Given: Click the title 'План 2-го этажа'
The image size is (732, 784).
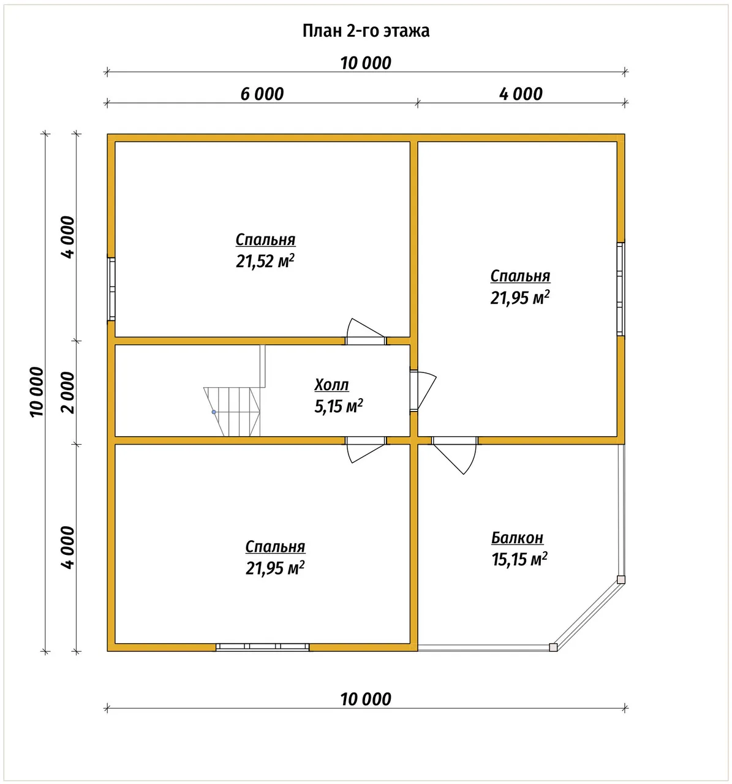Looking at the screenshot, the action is (x=366, y=31).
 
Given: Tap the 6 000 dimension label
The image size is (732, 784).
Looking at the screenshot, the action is (x=262, y=94).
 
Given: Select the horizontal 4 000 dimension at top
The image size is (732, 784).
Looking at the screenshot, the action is (x=521, y=94).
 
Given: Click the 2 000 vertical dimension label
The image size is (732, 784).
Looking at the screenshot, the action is (x=68, y=393).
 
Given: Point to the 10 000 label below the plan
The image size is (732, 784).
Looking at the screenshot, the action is (x=366, y=699).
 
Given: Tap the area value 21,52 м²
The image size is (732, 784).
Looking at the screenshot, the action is (x=265, y=261).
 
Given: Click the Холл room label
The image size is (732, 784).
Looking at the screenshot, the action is (x=331, y=385).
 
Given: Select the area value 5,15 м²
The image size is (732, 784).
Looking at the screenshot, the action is (x=339, y=406).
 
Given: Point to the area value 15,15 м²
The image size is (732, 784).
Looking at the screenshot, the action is (x=519, y=559).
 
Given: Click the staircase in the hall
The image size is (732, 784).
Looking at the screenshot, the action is (x=235, y=391).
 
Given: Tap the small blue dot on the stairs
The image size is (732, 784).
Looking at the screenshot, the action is (x=214, y=412).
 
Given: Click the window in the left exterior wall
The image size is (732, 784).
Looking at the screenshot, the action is (x=111, y=289).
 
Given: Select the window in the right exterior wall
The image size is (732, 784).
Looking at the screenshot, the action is (x=621, y=289).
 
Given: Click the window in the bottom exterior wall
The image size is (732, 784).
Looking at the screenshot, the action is (x=262, y=647).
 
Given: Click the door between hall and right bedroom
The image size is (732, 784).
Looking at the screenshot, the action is (x=423, y=390).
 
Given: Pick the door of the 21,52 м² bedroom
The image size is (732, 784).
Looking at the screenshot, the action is (x=366, y=331).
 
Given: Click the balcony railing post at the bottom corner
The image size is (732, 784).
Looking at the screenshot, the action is (x=553, y=647).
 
